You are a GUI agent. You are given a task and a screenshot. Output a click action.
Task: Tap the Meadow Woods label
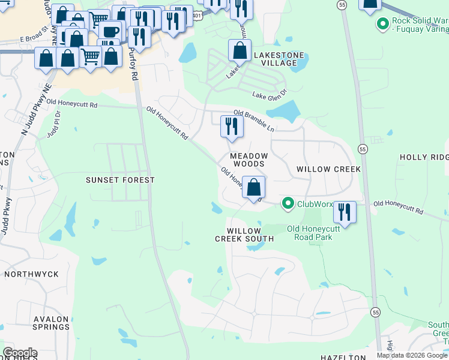point(248,160)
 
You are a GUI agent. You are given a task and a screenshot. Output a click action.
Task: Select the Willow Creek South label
point(244,235)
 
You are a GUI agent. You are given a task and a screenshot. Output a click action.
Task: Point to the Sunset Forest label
point(120,180)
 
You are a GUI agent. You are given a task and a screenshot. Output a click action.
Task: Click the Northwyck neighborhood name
point(32,274)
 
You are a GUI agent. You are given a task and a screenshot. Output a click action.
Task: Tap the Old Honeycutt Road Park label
point(313,233)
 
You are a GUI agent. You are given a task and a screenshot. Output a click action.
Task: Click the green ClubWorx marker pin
point(288,204)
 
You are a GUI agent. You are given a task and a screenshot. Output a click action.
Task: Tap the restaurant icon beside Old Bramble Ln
point(231,127)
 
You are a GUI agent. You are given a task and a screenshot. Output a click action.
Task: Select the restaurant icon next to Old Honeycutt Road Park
point(345,212)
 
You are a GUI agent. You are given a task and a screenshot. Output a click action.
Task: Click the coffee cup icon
point(109,31)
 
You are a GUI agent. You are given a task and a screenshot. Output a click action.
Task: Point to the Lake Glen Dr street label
point(270,95)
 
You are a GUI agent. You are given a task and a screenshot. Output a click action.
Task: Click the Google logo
point(20,353)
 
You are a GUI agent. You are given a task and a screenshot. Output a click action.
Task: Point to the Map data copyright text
point(411,355)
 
